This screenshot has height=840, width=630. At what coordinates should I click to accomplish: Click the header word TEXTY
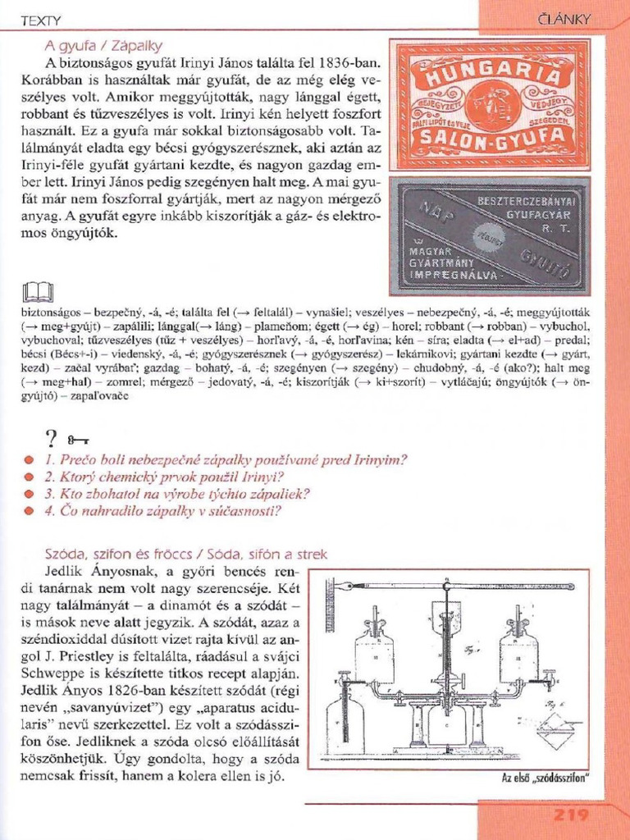[x=40, y=19]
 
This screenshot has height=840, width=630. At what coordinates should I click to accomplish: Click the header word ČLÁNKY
[x=565, y=18]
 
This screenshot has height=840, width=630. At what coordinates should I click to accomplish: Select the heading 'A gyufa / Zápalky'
[x=103, y=45]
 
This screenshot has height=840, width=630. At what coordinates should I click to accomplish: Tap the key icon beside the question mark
[x=79, y=441]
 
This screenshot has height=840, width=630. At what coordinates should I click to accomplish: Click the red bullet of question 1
[x=29, y=460]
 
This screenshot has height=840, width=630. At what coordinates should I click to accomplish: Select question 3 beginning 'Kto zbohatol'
[x=177, y=494]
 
